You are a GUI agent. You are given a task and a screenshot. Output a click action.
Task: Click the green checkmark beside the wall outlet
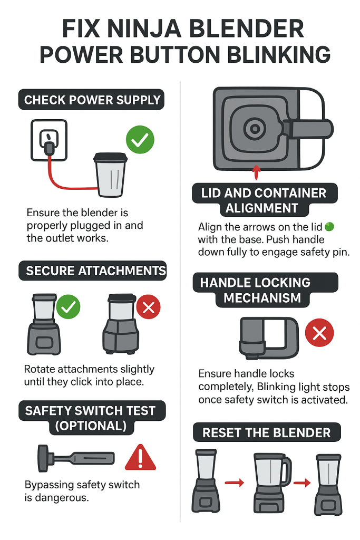(x=140, y=139)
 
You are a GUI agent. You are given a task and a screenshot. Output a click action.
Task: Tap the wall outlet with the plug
(x=49, y=140)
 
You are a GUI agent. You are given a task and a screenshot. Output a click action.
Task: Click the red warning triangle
(x=140, y=458)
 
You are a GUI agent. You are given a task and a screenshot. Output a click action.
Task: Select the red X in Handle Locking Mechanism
(x=319, y=333)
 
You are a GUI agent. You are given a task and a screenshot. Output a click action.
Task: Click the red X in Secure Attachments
(x=148, y=307)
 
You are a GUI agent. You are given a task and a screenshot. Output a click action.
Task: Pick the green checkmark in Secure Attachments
(x=68, y=307)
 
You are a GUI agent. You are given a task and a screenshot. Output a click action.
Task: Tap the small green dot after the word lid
(x=329, y=227)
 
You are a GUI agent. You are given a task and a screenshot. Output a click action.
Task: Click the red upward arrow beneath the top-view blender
(x=256, y=172)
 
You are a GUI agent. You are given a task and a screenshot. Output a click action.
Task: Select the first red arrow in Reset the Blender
(x=235, y=483)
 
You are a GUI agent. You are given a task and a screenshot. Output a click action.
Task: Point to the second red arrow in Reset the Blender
(x=302, y=483)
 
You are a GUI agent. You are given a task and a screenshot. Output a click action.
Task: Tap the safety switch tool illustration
(x=76, y=458)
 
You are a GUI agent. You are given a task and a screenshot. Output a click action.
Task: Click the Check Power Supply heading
(x=91, y=100)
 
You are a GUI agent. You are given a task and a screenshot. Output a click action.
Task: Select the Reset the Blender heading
(x=267, y=432)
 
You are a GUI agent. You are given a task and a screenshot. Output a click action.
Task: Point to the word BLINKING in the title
(x=279, y=54)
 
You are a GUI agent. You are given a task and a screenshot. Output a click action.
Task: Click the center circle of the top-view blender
(x=255, y=129)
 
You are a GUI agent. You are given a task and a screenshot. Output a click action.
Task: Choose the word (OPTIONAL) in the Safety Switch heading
(x=91, y=426)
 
